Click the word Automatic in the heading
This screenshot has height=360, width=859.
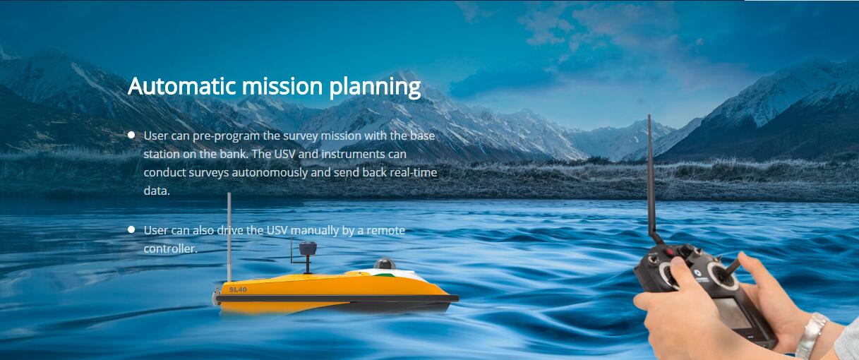click(x=181, y=85)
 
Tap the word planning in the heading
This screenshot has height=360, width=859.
click(x=375, y=87)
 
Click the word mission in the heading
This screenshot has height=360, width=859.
click(x=282, y=85)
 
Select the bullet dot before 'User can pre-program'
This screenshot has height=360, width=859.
click(x=131, y=135)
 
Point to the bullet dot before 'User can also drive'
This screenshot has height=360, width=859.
click(x=131, y=229)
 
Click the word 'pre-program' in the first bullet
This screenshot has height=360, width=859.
click(x=226, y=136)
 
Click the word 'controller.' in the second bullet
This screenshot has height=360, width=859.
click(x=170, y=248)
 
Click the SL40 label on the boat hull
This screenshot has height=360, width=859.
click(x=238, y=289)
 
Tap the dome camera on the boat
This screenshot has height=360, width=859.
click(x=385, y=264)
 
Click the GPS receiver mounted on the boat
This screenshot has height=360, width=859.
click(x=308, y=248)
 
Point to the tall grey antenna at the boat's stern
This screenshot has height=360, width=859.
click(x=229, y=237)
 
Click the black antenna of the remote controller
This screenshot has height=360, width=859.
click(x=652, y=180)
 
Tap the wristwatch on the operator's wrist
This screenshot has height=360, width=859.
click(x=810, y=335)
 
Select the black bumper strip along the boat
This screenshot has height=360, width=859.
click(x=337, y=298)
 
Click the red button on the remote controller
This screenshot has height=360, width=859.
click(x=670, y=252)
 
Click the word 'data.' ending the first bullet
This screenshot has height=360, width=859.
click(x=157, y=191)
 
